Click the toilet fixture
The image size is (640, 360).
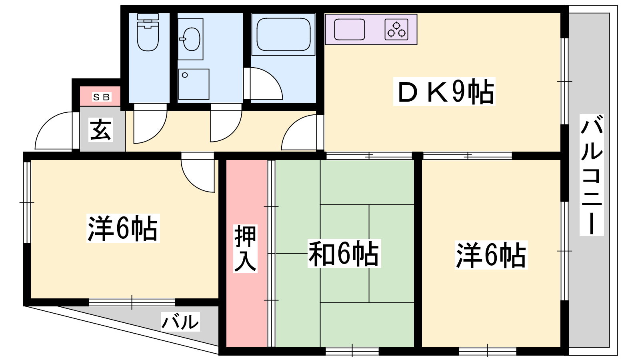(x=148, y=32)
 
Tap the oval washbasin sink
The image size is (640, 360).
(x=191, y=39)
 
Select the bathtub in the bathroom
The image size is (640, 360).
(x=284, y=34)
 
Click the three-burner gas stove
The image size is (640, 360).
(x=396, y=30)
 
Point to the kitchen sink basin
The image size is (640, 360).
(x=350, y=30)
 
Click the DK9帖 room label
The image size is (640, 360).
(x=444, y=92)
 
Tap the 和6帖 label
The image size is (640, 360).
(x=344, y=254)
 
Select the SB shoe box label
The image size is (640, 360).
(x=102, y=98)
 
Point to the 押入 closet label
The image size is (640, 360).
(x=245, y=248)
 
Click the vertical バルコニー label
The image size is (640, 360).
(x=592, y=175)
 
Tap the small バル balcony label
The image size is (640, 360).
(x=180, y=322)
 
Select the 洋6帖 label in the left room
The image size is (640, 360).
(x=123, y=228)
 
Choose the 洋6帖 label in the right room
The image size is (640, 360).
(x=491, y=255)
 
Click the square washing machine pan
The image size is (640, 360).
(x=194, y=84)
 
